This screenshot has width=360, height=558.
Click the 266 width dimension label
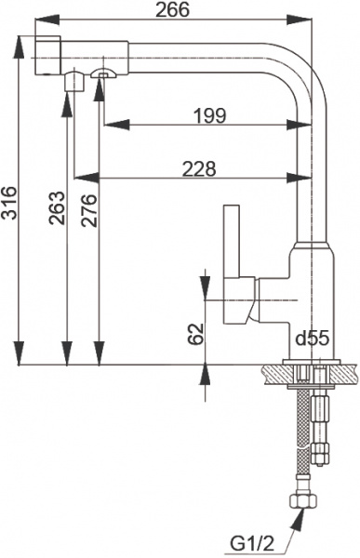click(x=171, y=10)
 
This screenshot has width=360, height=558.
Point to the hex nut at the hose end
click(x=303, y=502)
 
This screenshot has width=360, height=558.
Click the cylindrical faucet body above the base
click(x=311, y=298)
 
